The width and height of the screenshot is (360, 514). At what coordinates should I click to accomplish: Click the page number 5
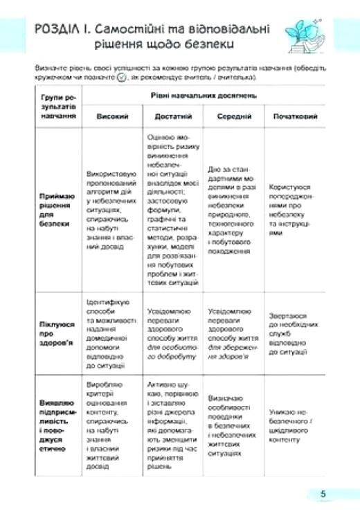point(323,493)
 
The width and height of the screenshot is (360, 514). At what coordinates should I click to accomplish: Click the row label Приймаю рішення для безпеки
point(57,210)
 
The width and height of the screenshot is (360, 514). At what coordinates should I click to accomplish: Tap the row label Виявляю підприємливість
point(57,425)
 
